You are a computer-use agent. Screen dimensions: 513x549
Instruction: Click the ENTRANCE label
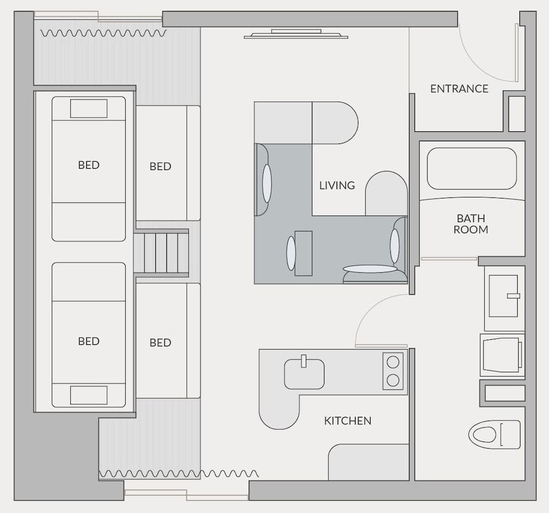459,89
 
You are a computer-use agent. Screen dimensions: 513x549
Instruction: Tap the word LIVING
337,185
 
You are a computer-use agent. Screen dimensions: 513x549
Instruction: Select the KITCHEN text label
348,421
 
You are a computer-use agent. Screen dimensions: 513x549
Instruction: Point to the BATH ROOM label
470,224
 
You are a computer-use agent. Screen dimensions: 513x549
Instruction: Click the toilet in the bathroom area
494,434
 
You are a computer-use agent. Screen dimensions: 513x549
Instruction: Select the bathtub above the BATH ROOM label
472,168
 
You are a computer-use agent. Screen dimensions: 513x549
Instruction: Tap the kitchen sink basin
304,374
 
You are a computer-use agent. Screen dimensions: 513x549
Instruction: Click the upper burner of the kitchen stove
393,362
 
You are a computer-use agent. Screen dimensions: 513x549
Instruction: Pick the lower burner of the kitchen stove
393,380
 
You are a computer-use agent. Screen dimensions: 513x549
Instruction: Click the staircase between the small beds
161,253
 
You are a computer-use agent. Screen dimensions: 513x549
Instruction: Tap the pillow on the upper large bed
88,109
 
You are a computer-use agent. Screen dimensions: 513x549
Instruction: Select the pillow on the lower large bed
88,395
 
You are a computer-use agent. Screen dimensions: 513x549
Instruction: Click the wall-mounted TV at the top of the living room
296,35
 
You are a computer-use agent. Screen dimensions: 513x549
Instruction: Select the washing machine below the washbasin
501,355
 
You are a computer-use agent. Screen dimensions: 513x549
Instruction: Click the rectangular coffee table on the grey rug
303,253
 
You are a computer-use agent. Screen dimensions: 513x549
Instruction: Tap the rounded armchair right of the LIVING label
386,194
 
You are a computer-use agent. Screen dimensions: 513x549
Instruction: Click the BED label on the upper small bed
160,166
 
